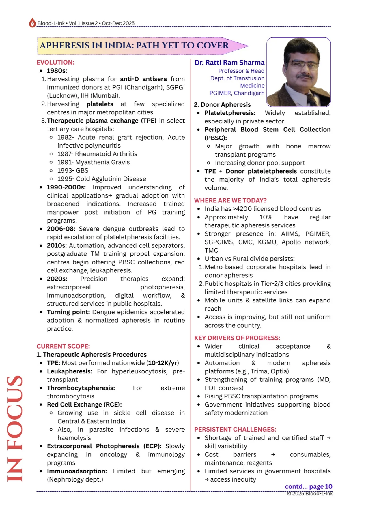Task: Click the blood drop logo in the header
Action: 32,23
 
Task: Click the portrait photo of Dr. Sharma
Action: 298,72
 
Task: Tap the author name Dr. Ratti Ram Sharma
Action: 229,63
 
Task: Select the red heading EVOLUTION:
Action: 55,62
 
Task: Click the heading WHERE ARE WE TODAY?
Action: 230,200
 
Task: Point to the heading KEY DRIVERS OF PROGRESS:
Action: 237,338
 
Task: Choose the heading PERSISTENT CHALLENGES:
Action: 235,429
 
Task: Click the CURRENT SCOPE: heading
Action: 63,346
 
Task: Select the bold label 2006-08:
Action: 61,229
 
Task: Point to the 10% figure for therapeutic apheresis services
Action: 266,217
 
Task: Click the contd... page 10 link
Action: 308,487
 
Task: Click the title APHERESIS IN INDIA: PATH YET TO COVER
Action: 134,46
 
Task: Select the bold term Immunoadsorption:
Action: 77,471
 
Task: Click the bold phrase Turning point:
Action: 68,312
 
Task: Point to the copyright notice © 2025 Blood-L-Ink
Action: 309,494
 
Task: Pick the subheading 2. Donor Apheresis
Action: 222,105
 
